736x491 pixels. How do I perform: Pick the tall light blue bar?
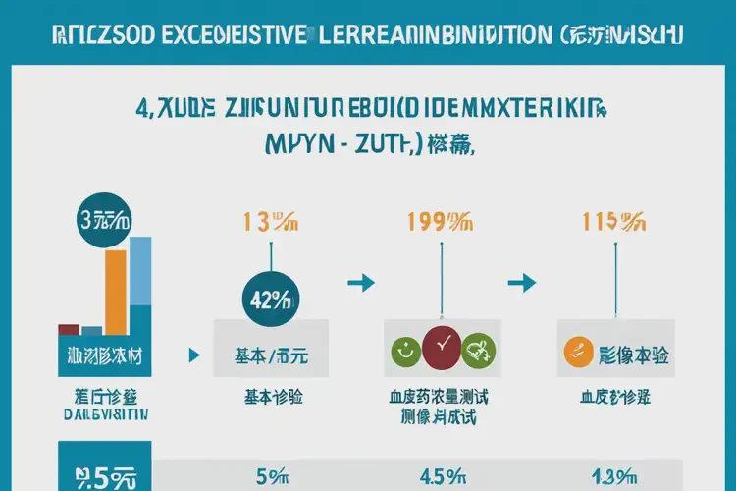[x=140, y=281]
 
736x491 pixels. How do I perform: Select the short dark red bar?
[x=69, y=330]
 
